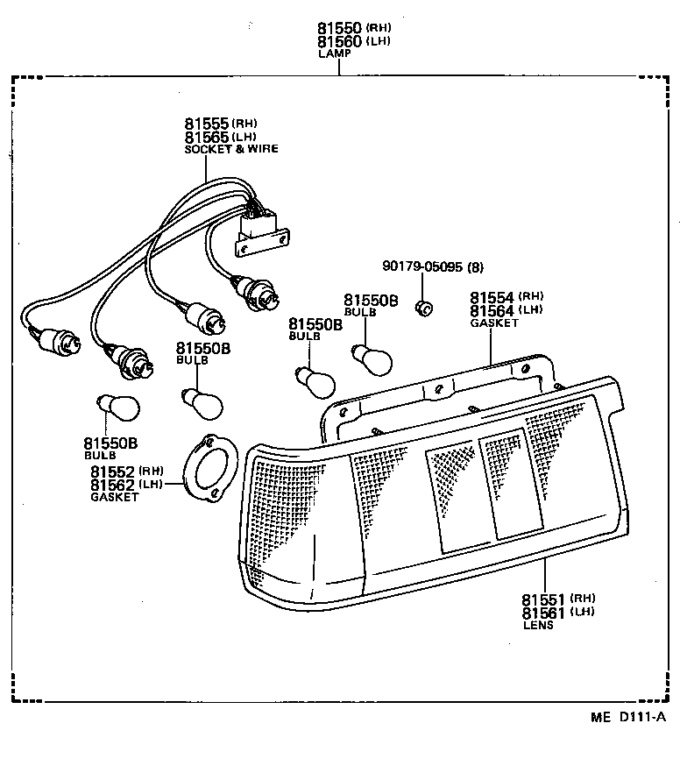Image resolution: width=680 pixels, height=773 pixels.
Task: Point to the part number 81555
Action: [x=206, y=124]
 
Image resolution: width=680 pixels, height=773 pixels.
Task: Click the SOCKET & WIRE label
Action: [x=230, y=149]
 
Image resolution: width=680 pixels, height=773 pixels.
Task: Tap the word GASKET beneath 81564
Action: [x=494, y=323]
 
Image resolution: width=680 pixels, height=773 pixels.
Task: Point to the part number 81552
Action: [x=113, y=472]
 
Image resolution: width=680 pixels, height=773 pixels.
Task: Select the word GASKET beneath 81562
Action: [x=114, y=497]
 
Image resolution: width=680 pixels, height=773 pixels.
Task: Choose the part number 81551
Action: [x=544, y=599]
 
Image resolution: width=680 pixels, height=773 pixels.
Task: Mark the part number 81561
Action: [x=544, y=613]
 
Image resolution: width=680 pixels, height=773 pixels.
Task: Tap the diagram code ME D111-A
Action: [x=627, y=717]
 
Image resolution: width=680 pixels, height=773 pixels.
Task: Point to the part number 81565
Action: [x=206, y=137]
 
